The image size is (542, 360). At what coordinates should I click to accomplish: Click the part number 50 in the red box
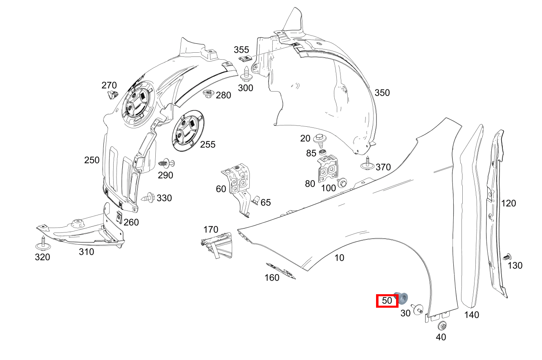(x=387, y=301)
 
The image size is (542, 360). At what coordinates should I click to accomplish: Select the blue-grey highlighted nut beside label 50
(x=401, y=298)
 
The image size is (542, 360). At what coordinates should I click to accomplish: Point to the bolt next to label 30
(x=418, y=309)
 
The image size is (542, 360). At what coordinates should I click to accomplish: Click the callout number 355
(x=241, y=50)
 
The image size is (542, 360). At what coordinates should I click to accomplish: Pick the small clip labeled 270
(x=113, y=94)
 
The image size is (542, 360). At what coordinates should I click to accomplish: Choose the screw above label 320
(x=43, y=244)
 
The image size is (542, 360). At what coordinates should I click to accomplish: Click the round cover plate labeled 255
(x=188, y=131)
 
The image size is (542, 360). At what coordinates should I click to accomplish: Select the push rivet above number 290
(x=166, y=164)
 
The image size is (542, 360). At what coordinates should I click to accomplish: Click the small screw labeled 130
(x=507, y=257)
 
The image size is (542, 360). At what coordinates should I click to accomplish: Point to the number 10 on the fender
(x=339, y=258)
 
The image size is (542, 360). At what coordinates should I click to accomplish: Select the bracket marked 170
(x=217, y=245)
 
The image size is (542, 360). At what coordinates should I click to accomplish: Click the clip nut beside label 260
(x=119, y=217)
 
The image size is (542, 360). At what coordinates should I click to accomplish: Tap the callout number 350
(x=382, y=93)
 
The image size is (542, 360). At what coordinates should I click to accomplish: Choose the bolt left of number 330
(x=148, y=198)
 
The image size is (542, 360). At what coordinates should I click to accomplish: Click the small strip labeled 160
(x=281, y=271)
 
